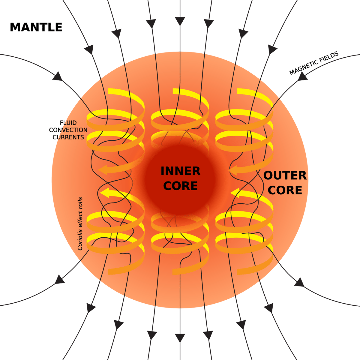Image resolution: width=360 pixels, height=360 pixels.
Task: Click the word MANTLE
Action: (36, 27)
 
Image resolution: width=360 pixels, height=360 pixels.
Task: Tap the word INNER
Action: (180, 171)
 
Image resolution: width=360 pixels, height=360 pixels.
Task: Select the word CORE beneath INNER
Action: (180, 186)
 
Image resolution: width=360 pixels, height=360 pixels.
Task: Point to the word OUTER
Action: (285, 175)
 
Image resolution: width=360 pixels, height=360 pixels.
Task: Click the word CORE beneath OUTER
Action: (285, 190)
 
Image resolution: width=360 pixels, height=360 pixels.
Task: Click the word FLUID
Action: (68, 123)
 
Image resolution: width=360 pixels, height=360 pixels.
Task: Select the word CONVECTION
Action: (68, 130)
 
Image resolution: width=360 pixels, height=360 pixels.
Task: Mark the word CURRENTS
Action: (68, 137)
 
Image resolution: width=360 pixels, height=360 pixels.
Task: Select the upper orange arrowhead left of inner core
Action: (103, 169)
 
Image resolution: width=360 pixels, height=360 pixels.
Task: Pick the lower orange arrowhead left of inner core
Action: (104, 193)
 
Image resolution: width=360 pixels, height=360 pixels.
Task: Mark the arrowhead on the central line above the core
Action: (180, 21)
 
